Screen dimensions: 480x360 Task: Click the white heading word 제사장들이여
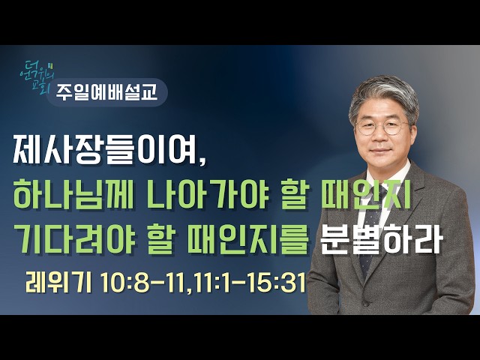click(x=105, y=149)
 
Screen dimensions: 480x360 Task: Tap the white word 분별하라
click(x=381, y=238)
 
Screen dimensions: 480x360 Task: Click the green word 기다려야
click(x=74, y=238)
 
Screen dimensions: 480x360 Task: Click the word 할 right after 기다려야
click(x=160, y=238)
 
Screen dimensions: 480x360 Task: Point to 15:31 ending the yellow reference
click(x=278, y=283)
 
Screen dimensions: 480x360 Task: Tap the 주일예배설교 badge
click(x=107, y=92)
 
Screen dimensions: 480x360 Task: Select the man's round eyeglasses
click(x=382, y=127)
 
